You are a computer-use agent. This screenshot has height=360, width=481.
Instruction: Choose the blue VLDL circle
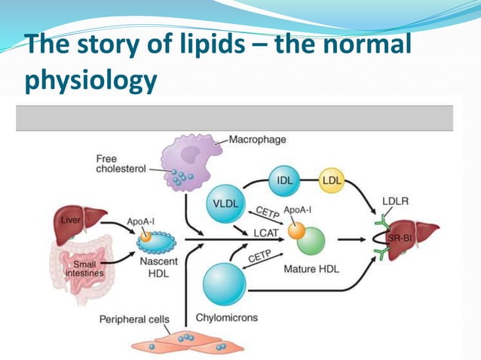click(225, 203)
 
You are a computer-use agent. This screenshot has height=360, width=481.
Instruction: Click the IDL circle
click(286, 182)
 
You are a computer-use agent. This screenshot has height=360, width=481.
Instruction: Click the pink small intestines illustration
click(80, 264)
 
